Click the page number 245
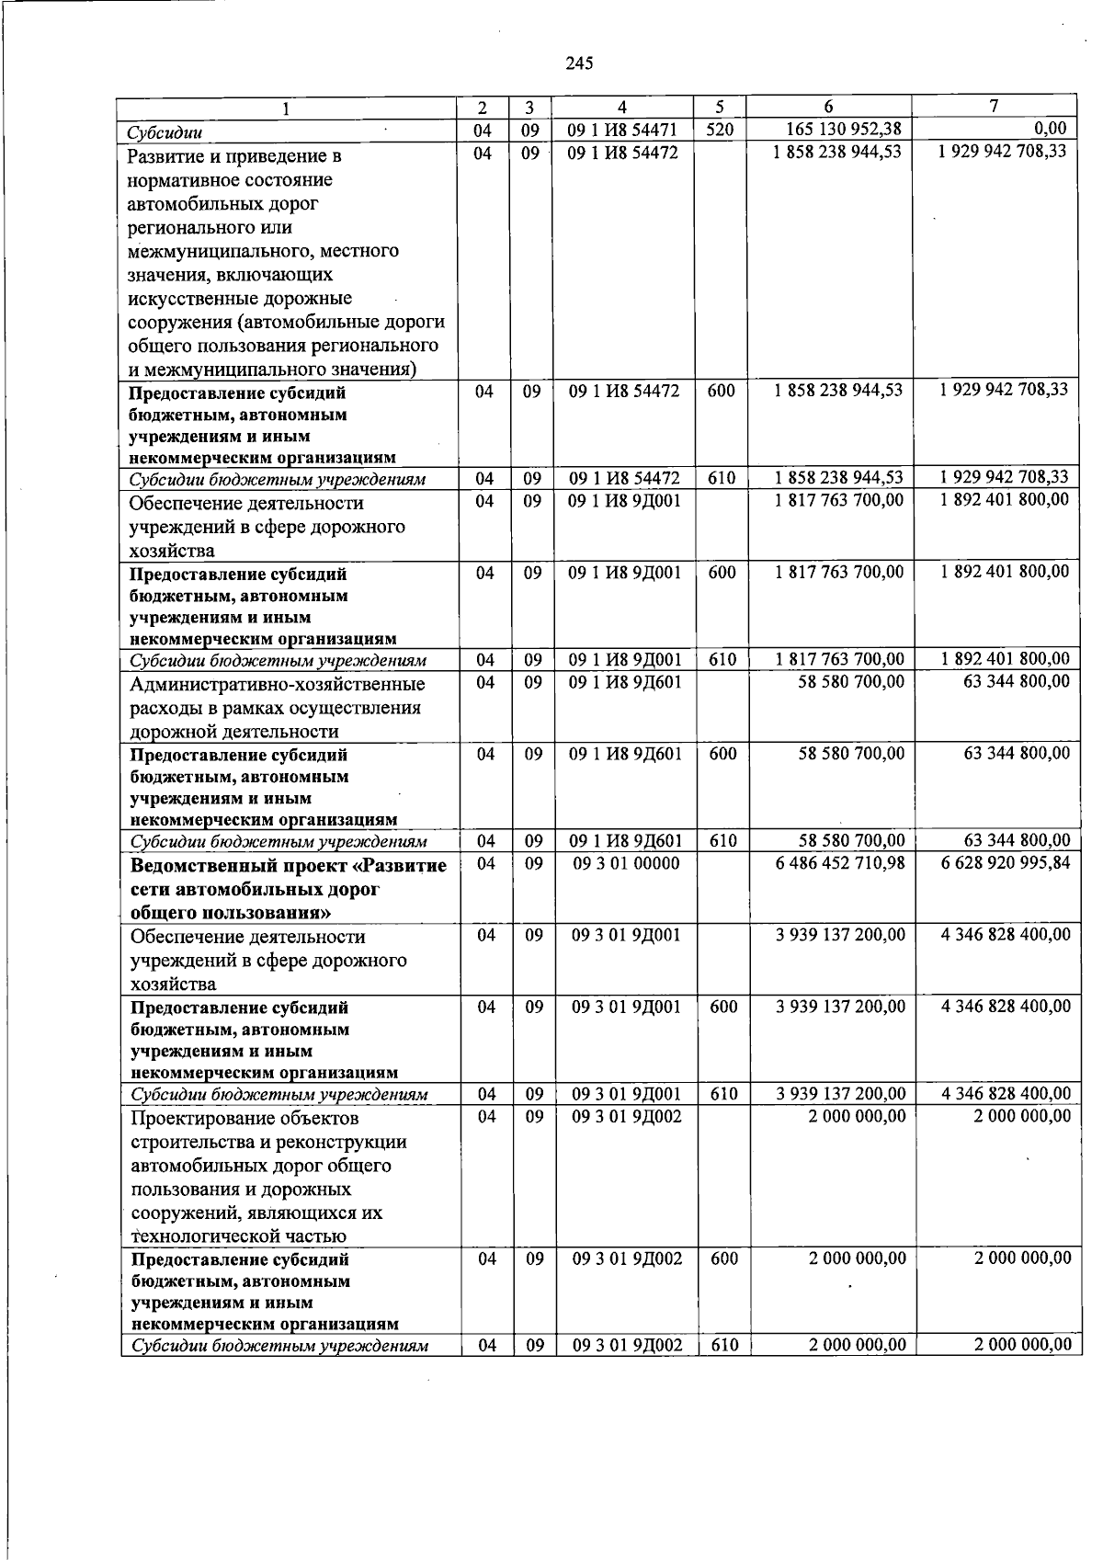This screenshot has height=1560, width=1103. pyautogui.click(x=580, y=63)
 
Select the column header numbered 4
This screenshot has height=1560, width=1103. pyautogui.click(x=622, y=107)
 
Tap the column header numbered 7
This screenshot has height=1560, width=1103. pyautogui.click(x=993, y=106)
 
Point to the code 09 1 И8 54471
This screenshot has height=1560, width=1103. pyautogui.click(x=622, y=131)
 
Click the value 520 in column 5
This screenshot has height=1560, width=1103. pyautogui.click(x=720, y=130)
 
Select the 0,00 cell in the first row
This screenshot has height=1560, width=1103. pyautogui.click(x=1050, y=129)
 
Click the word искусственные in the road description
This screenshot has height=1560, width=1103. pyautogui.click(x=185, y=299)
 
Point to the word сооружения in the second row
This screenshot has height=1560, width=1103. pyautogui.click(x=179, y=323)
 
